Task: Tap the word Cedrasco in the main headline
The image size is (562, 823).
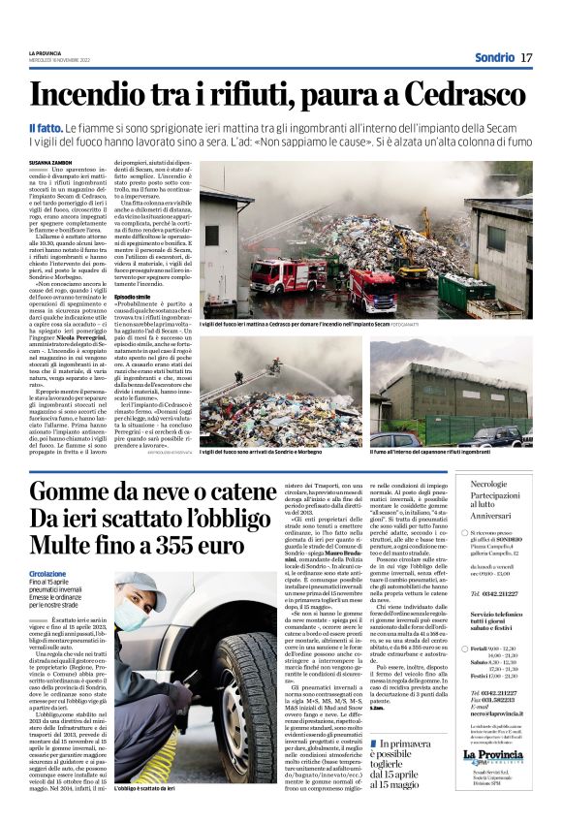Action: point(468,94)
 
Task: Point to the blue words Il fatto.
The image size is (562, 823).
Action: point(47,128)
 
